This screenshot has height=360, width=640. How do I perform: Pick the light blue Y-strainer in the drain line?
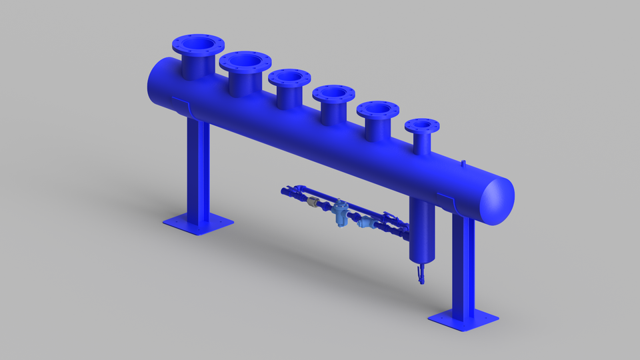(365, 222)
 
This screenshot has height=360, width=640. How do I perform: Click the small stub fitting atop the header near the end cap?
(463, 162)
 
